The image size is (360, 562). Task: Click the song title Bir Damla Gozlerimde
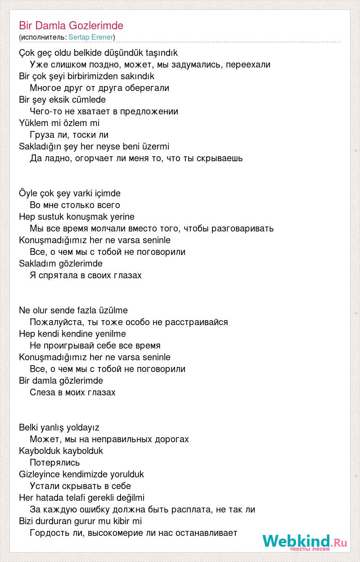(71, 26)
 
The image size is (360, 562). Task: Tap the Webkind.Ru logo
(305, 542)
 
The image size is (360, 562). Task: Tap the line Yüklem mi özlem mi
(59, 123)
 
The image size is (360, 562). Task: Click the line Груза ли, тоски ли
(69, 135)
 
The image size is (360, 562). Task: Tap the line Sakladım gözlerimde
(61, 263)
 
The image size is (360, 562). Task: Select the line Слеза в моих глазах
(72, 392)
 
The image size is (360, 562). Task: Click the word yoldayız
(82, 427)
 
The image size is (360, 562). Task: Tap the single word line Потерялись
(54, 462)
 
